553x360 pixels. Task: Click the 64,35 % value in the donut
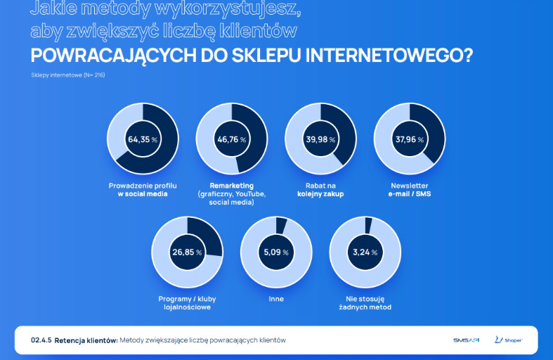143,139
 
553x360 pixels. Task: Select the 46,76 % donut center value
231,139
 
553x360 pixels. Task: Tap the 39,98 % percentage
320,139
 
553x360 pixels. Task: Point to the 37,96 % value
409,139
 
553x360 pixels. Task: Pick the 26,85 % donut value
187,252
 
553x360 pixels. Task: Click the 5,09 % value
275,252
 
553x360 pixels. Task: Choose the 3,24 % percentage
365,252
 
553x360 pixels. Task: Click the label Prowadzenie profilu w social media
143,189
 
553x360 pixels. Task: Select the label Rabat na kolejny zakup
320,189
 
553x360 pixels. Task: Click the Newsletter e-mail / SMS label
409,189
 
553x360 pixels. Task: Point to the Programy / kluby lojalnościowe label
187,303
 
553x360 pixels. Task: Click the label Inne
275,299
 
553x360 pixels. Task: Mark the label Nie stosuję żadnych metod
365,303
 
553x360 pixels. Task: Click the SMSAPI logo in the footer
466,340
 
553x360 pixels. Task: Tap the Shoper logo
509,340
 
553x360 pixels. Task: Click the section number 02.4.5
41,340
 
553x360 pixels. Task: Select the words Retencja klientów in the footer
85,340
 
